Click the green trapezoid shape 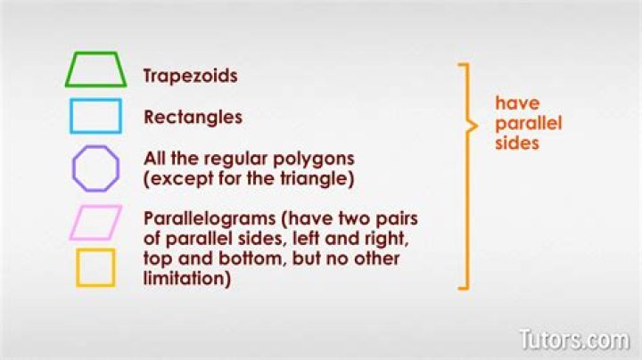tap(95, 70)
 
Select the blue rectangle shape tap(95, 116)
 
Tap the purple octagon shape tap(95, 168)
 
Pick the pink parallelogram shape tap(95, 223)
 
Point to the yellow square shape tap(95, 267)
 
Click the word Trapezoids tap(190, 76)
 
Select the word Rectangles tap(193, 117)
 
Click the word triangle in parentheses tap(317, 178)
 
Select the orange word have tap(517, 102)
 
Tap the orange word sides tap(517, 142)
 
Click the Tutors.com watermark tap(573, 339)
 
